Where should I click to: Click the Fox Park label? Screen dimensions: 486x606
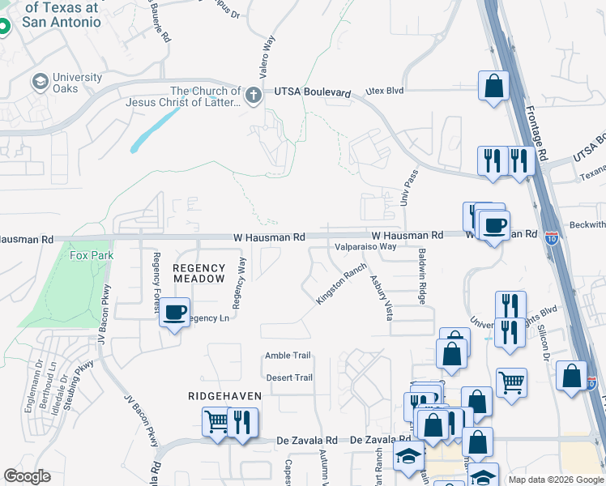92,255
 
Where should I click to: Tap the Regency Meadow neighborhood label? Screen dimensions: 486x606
198,273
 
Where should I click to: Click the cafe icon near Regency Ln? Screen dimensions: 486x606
174,312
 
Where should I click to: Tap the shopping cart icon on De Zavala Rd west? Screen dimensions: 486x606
216,421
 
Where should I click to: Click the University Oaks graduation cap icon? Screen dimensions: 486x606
39,82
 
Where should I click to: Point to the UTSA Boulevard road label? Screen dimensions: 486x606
312,94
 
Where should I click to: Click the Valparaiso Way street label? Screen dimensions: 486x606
365,246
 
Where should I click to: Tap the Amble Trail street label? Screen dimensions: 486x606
288,356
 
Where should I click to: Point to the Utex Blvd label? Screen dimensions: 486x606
384,91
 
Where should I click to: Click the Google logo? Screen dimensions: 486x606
27,476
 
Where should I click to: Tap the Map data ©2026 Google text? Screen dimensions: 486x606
556,480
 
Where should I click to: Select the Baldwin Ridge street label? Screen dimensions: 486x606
422,276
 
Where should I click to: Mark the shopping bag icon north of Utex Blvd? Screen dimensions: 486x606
493,85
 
